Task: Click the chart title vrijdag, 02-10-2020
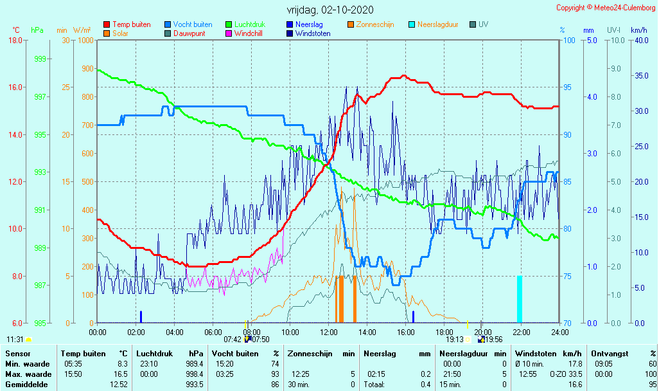(329, 10)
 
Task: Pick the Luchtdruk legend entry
(250, 24)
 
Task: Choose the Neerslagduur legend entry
(437, 24)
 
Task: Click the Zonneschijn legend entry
(375, 24)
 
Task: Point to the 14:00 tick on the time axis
(367, 332)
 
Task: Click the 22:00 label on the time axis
(521, 332)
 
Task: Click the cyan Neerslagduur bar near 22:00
(520, 299)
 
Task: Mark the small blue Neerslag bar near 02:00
(141, 316)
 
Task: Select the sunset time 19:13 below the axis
(455, 340)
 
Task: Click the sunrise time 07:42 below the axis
(233, 340)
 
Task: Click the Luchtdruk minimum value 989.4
(194, 363)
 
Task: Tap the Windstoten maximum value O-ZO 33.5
(566, 374)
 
